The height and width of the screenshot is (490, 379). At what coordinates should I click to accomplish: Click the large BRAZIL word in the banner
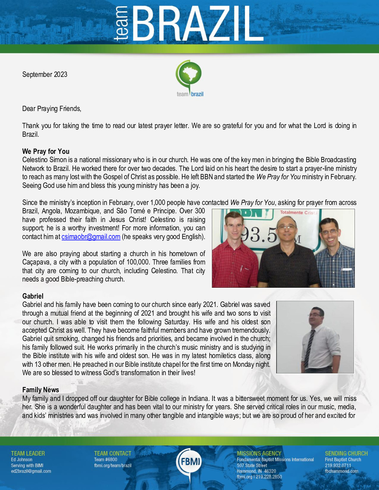tap(197, 24)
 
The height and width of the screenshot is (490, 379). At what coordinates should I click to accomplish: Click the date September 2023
tap(45, 74)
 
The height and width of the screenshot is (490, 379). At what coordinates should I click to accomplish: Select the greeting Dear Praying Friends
tap(52, 109)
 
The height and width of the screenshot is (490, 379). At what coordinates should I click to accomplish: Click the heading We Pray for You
tap(46, 151)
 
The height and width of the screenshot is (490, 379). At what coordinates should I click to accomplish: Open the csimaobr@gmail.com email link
tap(91, 237)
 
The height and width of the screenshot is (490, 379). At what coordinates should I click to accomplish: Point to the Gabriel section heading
tap(33, 296)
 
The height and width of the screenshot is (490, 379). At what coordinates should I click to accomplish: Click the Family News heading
tap(40, 390)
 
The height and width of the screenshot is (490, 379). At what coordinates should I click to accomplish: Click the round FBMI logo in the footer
tap(189, 462)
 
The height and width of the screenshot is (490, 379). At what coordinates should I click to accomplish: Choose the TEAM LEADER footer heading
tap(28, 453)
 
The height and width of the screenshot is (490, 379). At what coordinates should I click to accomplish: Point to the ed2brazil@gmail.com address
tap(31, 471)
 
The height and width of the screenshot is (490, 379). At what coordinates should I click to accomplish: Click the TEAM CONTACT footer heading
tap(113, 453)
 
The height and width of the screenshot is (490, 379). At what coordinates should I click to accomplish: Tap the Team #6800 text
tap(106, 459)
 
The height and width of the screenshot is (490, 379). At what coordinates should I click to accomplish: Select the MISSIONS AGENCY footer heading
tap(259, 453)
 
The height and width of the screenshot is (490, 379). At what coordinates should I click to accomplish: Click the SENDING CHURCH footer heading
tap(346, 453)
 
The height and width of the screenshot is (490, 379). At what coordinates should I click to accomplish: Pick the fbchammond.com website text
tap(341, 471)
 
